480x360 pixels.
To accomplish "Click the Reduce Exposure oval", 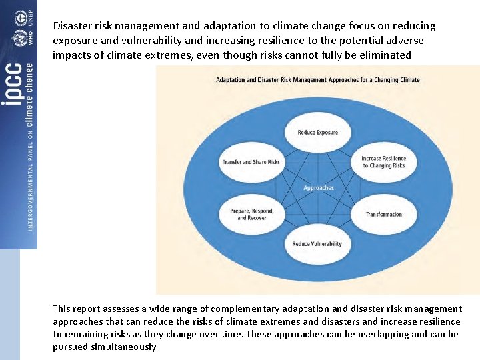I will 318,132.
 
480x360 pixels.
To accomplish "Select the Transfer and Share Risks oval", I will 251,162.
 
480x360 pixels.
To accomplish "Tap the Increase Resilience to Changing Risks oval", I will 383,162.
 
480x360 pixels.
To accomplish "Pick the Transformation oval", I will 383,214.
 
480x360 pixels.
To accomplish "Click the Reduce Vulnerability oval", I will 317,243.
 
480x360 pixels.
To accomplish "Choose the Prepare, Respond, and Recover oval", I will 251,214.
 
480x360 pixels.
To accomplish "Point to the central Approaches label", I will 318,188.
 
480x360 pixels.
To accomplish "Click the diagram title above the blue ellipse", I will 317,80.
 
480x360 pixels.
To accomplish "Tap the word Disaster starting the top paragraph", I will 73,26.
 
